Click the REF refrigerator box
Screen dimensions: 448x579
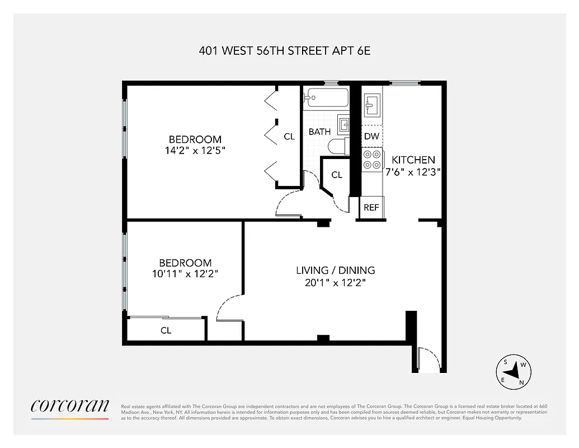click(371, 207)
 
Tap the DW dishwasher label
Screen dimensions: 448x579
click(371, 136)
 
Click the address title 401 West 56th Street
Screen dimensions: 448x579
click(285, 50)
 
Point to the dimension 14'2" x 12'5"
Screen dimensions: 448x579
click(195, 150)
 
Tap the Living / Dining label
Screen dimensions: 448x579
click(335, 270)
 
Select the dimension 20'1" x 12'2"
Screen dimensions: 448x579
click(335, 283)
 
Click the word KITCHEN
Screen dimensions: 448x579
click(413, 160)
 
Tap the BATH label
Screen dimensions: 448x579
click(319, 132)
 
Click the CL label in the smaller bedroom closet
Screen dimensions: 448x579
click(166, 330)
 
